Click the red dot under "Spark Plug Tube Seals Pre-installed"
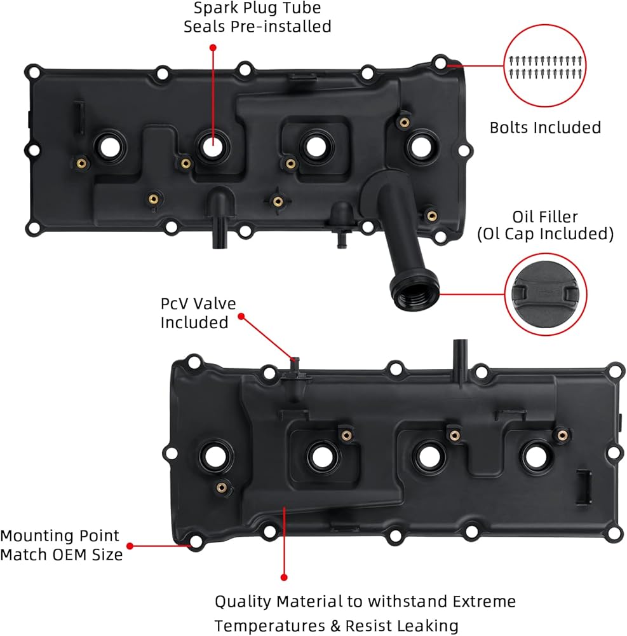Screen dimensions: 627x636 coord(212,47)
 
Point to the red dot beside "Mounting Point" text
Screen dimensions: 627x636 coord(130,546)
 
